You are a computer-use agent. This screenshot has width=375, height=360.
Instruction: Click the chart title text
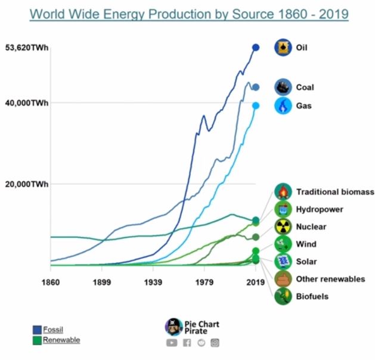pyautogui.click(x=189, y=13)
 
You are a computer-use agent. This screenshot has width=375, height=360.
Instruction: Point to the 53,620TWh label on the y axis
pyautogui.click(x=26, y=48)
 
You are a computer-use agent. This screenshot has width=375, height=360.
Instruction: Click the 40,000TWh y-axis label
pyautogui.click(x=26, y=103)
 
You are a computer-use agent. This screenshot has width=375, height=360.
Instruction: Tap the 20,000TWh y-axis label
pyautogui.click(x=26, y=184)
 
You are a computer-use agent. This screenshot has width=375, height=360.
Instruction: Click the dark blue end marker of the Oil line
pyautogui.click(x=256, y=47)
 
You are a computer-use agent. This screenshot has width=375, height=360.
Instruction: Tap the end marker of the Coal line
pyautogui.click(x=256, y=87)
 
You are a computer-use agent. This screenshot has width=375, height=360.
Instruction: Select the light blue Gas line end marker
pyautogui.click(x=256, y=105)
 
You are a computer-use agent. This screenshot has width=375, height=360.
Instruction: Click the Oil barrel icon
pyautogui.click(x=283, y=47)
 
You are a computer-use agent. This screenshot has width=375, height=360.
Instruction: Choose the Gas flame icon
pyautogui.click(x=283, y=106)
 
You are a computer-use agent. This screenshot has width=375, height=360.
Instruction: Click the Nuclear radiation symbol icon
pyautogui.click(x=283, y=226)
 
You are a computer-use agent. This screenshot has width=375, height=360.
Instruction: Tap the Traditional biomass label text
pyautogui.click(x=335, y=192)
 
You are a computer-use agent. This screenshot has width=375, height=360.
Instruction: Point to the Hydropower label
pyautogui.click(x=320, y=210)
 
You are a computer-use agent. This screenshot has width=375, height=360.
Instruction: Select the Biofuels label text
pyautogui.click(x=312, y=296)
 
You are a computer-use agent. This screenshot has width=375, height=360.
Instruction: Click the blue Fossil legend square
pyautogui.click(x=37, y=330)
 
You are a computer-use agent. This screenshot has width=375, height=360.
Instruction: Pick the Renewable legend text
pyautogui.click(x=61, y=340)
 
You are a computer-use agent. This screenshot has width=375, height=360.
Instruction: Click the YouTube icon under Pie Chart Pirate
pyautogui.click(x=172, y=343)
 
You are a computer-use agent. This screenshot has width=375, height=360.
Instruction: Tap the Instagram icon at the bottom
pyautogui.click(x=215, y=343)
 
